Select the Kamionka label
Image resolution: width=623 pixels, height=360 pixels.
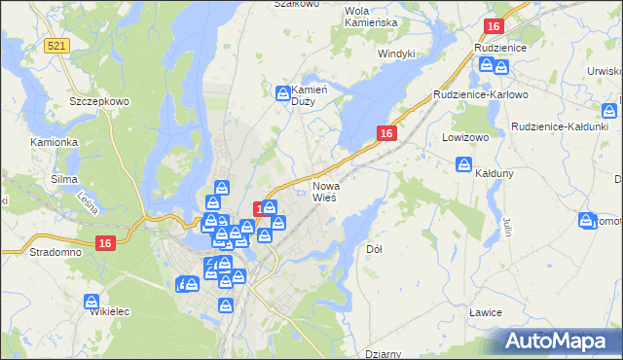(x=54, y=142)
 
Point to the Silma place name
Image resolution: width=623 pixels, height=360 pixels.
(x=62, y=179)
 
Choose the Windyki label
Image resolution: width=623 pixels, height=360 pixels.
(x=396, y=54)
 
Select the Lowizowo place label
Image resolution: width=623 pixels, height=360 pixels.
(x=463, y=137)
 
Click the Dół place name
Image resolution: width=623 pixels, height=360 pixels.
(x=374, y=249)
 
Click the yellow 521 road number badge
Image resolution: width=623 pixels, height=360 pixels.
(x=56, y=46)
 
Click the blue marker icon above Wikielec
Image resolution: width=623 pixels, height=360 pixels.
(x=92, y=302)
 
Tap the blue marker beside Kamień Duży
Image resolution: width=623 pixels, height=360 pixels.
(x=282, y=93)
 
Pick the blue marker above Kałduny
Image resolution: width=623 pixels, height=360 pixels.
(x=465, y=164)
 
